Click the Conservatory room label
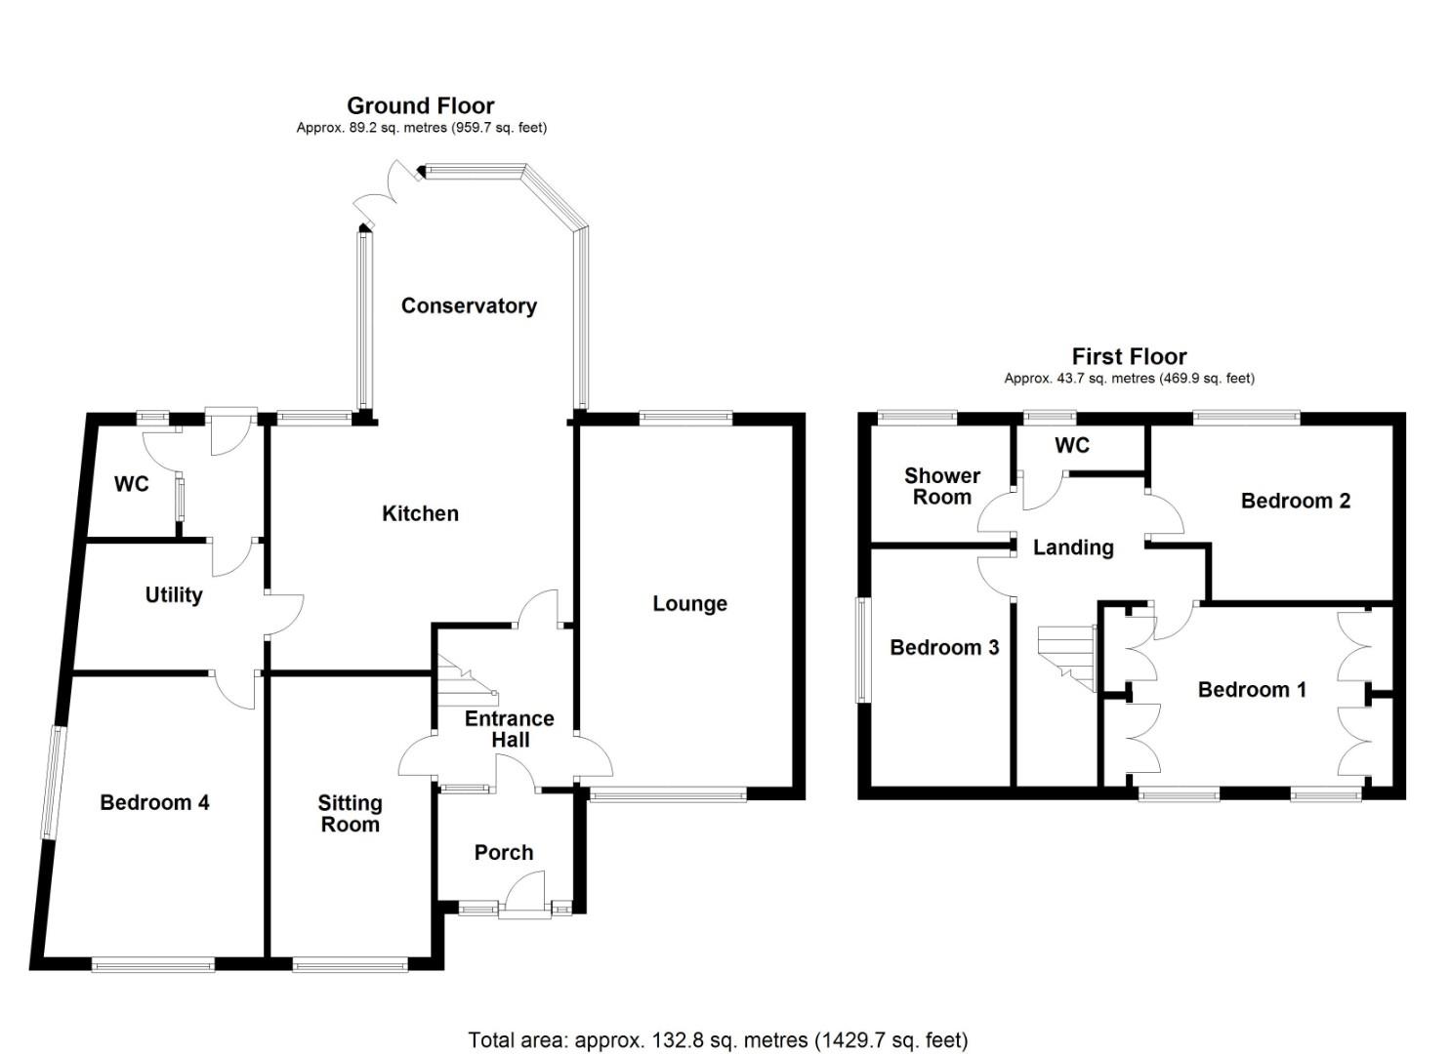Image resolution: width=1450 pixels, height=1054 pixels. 469,306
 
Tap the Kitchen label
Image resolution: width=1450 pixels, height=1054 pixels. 420,513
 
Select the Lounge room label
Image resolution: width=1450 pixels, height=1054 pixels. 689,604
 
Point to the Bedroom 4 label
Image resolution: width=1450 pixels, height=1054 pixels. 154,802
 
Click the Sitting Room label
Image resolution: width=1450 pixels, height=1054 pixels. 350,813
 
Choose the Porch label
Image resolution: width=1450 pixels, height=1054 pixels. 503,852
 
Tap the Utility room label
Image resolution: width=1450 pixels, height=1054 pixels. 174,595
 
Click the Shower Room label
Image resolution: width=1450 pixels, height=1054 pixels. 941,486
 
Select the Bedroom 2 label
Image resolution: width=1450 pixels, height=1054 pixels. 1295,501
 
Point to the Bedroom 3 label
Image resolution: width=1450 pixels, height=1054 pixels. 944,647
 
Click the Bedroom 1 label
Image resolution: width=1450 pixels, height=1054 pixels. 1252,690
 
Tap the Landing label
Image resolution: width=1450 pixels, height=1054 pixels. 1073,547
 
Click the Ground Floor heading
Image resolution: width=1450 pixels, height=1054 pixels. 420,105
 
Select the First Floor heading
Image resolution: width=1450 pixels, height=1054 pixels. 1129,356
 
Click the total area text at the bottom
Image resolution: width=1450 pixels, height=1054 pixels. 718,1040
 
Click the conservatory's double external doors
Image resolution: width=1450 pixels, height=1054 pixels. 386,190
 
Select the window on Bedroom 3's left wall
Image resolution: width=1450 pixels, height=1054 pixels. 862,649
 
